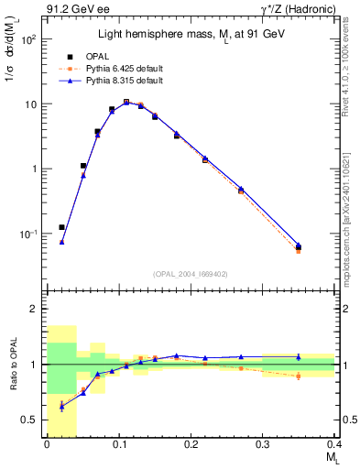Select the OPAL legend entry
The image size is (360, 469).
click(x=111, y=57)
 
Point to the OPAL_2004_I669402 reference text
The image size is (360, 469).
click(x=191, y=272)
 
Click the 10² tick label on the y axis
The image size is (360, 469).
click(x=29, y=40)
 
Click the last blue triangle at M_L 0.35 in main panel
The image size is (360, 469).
click(x=299, y=245)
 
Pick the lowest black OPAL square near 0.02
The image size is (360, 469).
click(x=61, y=227)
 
